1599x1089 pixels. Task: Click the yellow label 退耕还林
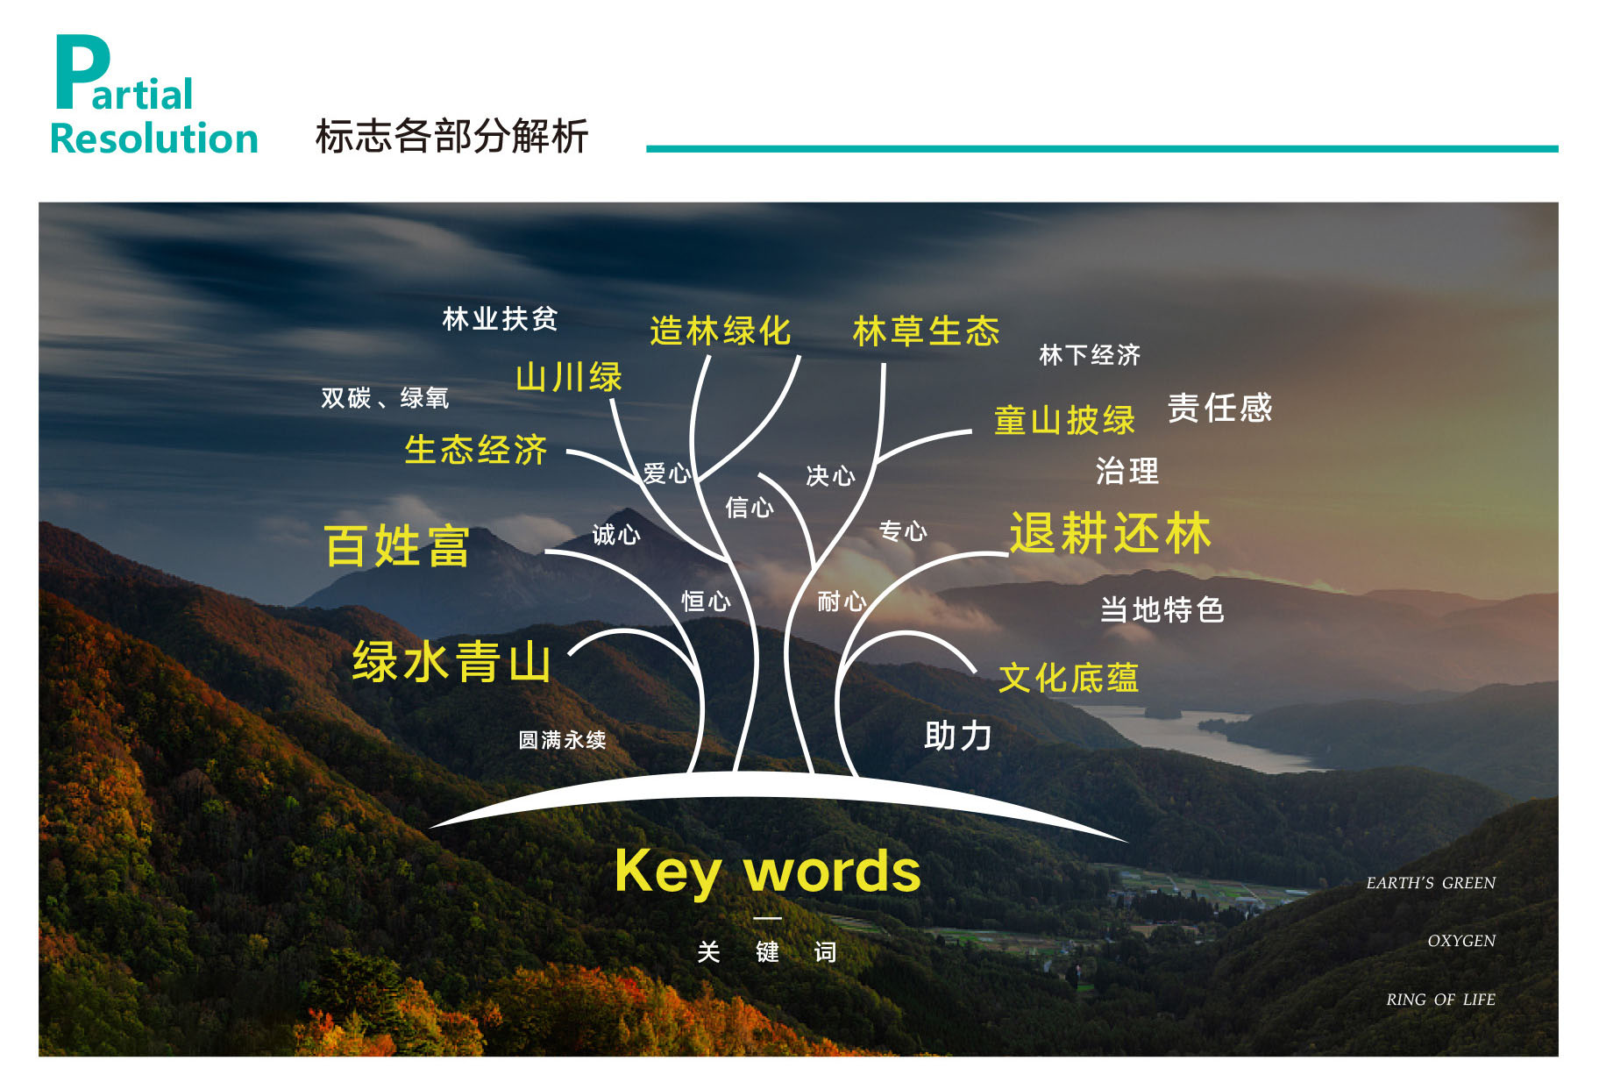click(x=1110, y=532)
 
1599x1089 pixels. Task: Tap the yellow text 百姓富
click(x=397, y=545)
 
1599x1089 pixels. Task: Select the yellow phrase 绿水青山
click(x=451, y=661)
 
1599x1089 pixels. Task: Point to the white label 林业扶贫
click(x=500, y=318)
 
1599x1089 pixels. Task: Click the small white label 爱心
click(x=667, y=473)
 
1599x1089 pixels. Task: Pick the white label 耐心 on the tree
click(x=842, y=601)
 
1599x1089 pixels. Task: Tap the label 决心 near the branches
click(x=830, y=475)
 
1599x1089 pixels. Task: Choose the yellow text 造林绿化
click(x=721, y=331)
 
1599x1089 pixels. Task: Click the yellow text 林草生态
click(x=926, y=331)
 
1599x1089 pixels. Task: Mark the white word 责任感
click(x=1219, y=408)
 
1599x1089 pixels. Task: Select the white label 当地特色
click(x=1162, y=609)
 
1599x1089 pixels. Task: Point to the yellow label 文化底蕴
click(x=1069, y=678)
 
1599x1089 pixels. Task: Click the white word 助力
click(x=957, y=736)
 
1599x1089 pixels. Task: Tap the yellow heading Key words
click(x=768, y=871)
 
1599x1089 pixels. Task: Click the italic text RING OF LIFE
click(x=1440, y=999)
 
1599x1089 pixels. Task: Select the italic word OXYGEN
click(x=1461, y=941)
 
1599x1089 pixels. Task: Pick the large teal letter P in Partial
click(x=82, y=72)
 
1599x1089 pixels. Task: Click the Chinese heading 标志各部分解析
click(x=451, y=136)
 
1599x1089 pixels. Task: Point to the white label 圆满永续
click(x=562, y=740)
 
